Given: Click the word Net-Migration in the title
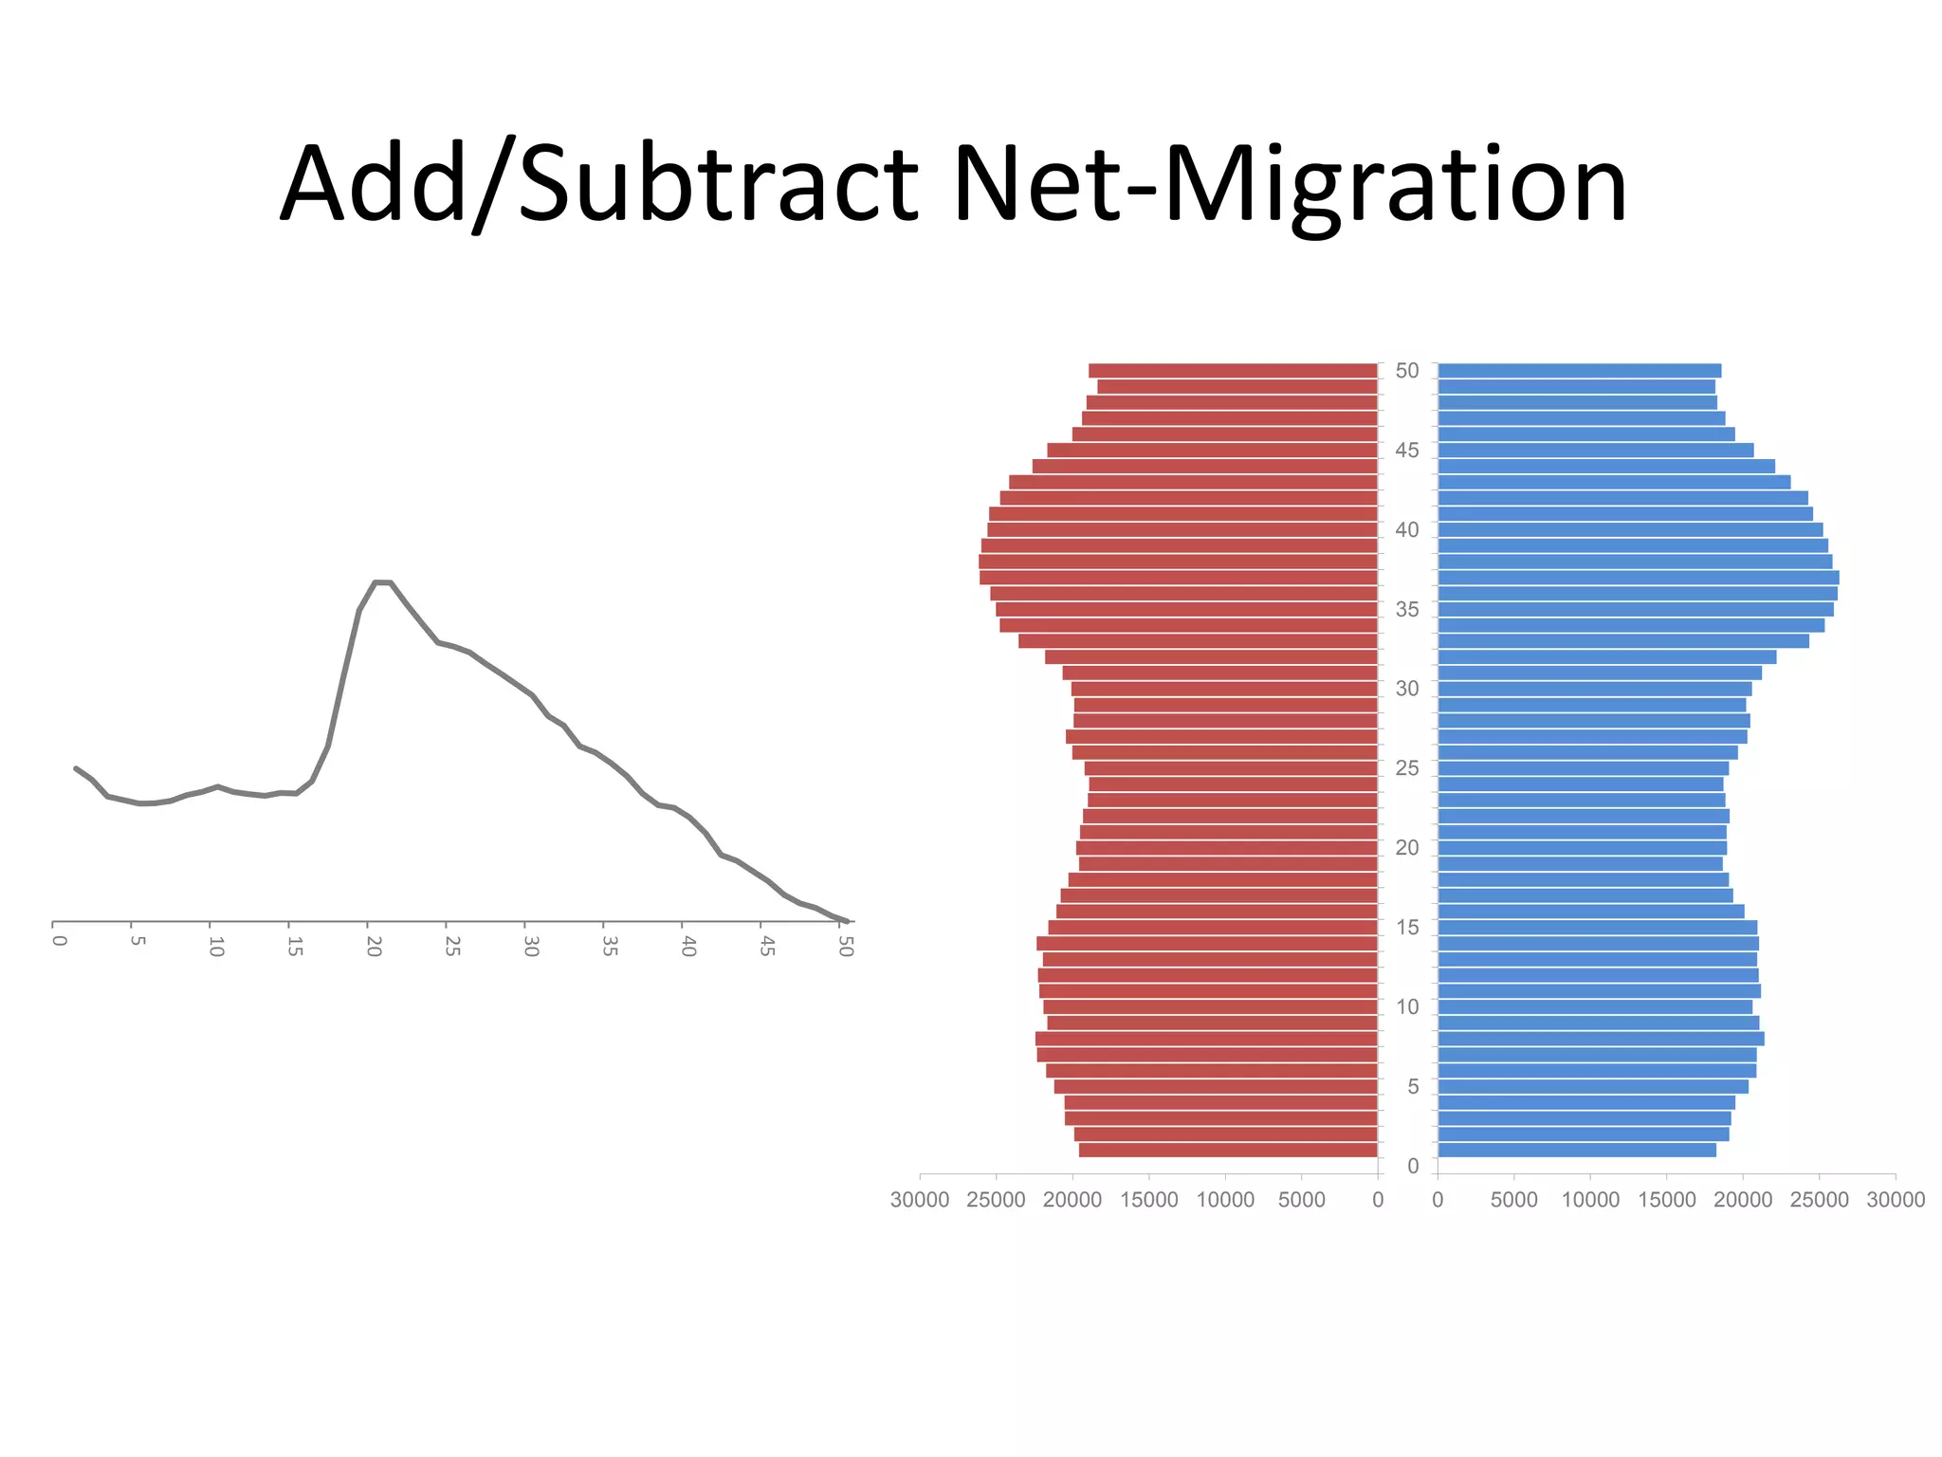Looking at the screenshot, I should (x=1290, y=184).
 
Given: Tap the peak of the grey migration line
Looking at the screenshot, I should (x=383, y=581).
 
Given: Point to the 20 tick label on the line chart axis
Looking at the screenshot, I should (x=374, y=946).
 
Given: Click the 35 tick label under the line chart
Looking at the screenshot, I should (x=610, y=946).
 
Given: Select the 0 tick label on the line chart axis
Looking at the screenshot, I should (x=59, y=941).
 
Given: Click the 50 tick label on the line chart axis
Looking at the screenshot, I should (x=846, y=946).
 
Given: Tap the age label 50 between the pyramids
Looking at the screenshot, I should (x=1407, y=371).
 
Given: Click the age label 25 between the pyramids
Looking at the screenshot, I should (x=1407, y=768).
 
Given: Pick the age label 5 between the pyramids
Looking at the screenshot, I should (x=1413, y=1086).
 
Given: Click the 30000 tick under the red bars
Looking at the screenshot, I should (x=919, y=1200).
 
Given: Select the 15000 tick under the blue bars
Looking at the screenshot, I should (x=1667, y=1200).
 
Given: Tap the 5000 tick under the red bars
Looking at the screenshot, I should (x=1301, y=1200).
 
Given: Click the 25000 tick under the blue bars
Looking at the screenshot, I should (x=1819, y=1200).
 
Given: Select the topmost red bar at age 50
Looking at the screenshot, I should (x=1233, y=371).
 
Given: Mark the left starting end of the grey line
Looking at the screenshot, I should (x=76, y=768).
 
